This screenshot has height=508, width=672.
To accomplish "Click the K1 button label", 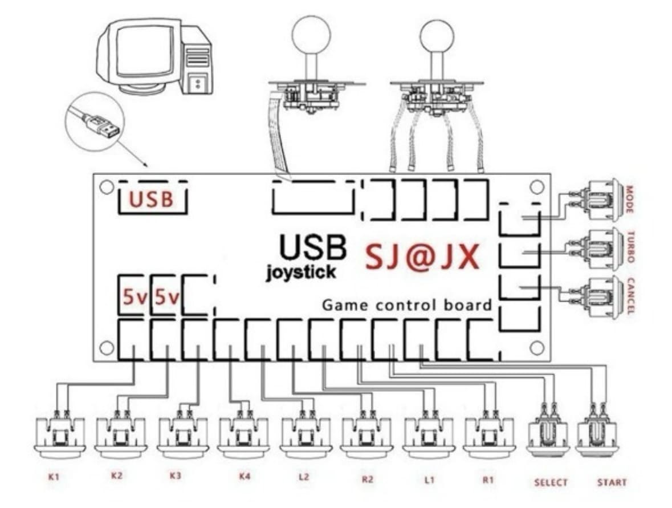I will pyautogui.click(x=54, y=476).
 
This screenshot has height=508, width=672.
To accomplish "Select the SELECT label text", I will pyautogui.click(x=551, y=482).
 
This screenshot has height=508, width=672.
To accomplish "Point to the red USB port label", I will pyautogui.click(x=151, y=200).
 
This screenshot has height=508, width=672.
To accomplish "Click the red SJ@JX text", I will pyautogui.click(x=422, y=258).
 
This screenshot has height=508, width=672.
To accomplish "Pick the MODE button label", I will pyautogui.click(x=630, y=200).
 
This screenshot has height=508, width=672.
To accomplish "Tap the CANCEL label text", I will pyautogui.click(x=631, y=296).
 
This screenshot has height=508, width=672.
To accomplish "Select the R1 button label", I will pyautogui.click(x=488, y=479).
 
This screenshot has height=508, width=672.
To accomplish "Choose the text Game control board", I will pyautogui.click(x=406, y=305).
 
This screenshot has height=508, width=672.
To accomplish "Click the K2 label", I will pyautogui.click(x=116, y=475).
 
